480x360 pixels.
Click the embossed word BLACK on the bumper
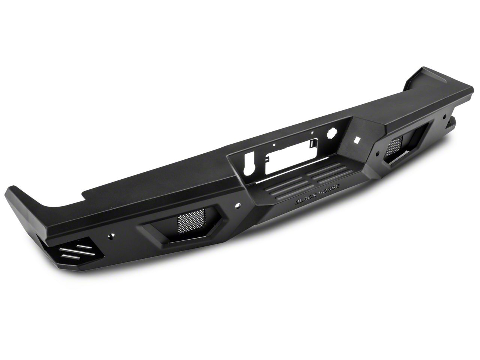[306, 198]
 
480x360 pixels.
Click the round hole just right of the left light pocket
[237, 205]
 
